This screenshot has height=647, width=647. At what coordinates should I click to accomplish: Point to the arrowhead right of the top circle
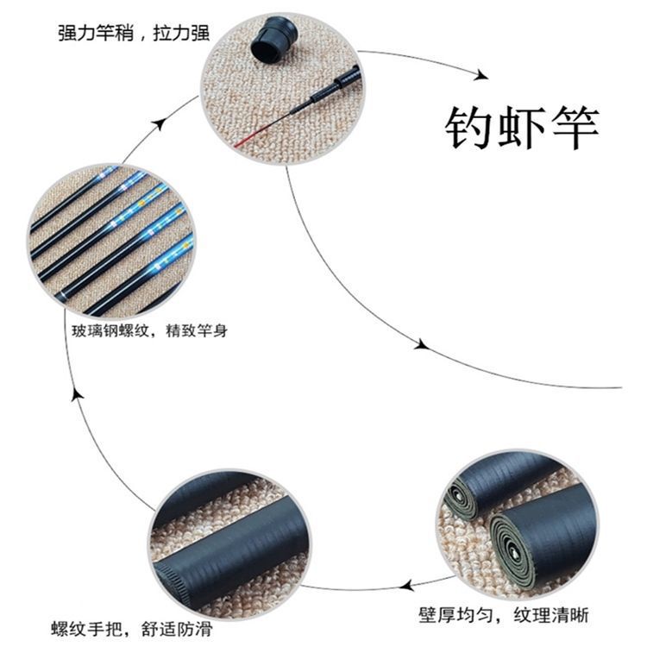coord(474,72)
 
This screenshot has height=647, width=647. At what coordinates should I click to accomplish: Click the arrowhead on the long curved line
coord(420,343)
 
